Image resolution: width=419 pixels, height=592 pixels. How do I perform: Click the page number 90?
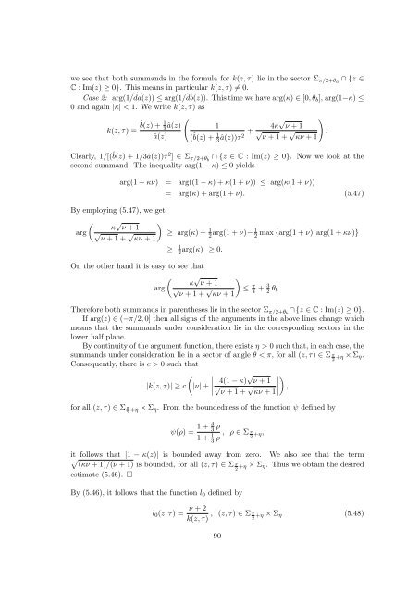point(209,566)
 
